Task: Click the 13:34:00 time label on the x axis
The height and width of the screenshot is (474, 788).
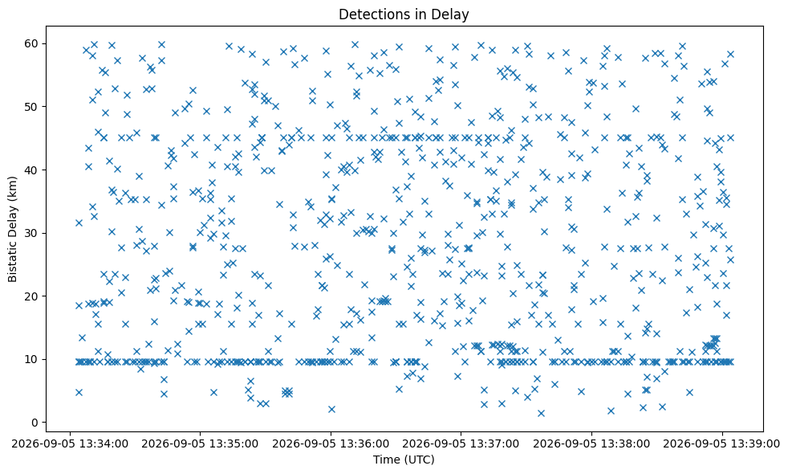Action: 71,443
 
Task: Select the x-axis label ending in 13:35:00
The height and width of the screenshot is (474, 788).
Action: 201,443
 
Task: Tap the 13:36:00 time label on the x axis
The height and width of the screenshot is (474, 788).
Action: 331,443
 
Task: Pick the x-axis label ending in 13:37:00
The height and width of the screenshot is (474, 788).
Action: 461,443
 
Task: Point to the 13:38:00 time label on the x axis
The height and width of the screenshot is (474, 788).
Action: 592,443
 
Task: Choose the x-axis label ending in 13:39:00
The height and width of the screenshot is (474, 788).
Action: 722,443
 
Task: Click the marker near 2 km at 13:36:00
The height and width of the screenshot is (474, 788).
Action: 331,410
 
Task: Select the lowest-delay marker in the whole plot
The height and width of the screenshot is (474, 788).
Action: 541,414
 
